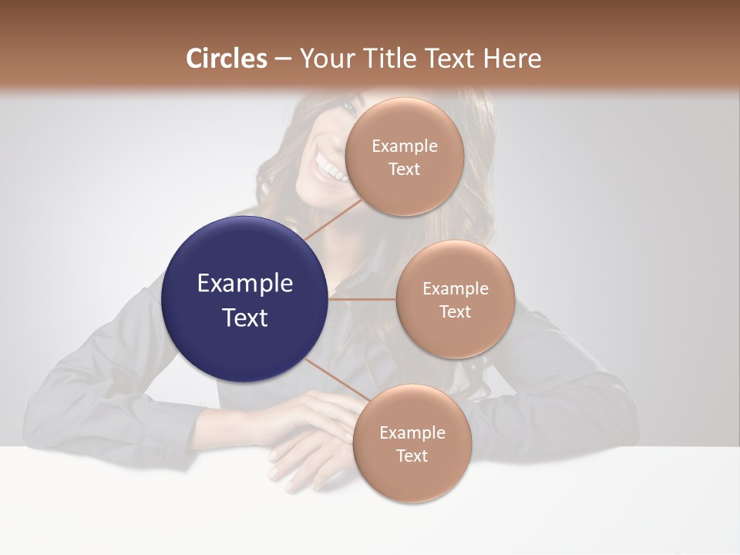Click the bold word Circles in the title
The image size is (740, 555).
click(x=227, y=59)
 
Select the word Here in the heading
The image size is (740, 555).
click(x=512, y=59)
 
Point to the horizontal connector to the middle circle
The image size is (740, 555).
click(x=362, y=299)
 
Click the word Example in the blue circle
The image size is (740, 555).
click(x=244, y=284)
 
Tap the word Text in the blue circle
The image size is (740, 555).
click(x=244, y=318)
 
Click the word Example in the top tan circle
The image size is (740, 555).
click(x=404, y=146)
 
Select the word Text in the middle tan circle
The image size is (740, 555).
click(x=455, y=311)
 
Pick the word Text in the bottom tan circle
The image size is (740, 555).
click(x=412, y=456)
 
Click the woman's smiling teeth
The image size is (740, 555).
click(x=331, y=169)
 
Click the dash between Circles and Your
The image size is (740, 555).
click(x=282, y=59)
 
